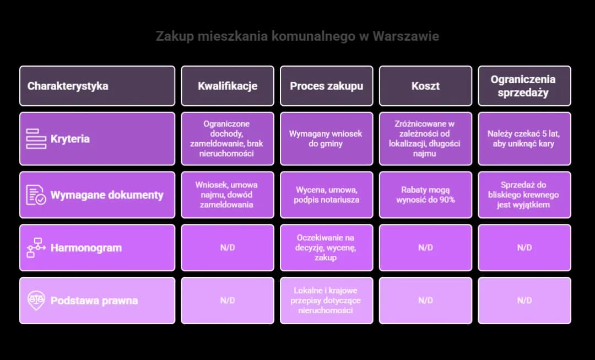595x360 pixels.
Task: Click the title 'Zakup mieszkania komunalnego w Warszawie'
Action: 297,36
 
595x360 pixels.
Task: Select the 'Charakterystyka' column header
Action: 98,86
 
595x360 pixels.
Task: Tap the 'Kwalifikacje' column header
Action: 228,86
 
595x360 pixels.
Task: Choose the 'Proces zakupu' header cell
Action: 326,86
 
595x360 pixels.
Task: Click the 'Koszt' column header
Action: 425,86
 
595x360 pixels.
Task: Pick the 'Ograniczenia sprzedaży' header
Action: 524,86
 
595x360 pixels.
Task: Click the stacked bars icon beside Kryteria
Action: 36,138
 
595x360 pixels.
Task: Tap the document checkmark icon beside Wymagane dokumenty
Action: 36,195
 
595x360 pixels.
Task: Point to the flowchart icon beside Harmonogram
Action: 36,248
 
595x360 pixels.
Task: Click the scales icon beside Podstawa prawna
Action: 36,300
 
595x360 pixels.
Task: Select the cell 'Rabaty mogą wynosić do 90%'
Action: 425,195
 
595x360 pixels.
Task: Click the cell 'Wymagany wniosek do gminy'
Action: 326,138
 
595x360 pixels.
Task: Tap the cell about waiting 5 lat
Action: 524,138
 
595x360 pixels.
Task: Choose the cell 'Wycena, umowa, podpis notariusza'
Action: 326,195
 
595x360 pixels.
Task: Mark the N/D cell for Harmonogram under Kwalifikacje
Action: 228,248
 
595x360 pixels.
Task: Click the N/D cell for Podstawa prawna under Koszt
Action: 425,300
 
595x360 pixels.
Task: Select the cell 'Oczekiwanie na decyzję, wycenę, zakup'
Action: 326,248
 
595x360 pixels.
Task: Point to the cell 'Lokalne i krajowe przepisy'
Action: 326,300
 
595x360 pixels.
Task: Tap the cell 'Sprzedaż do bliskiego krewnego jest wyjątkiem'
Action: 524,195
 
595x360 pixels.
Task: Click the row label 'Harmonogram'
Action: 86,248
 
